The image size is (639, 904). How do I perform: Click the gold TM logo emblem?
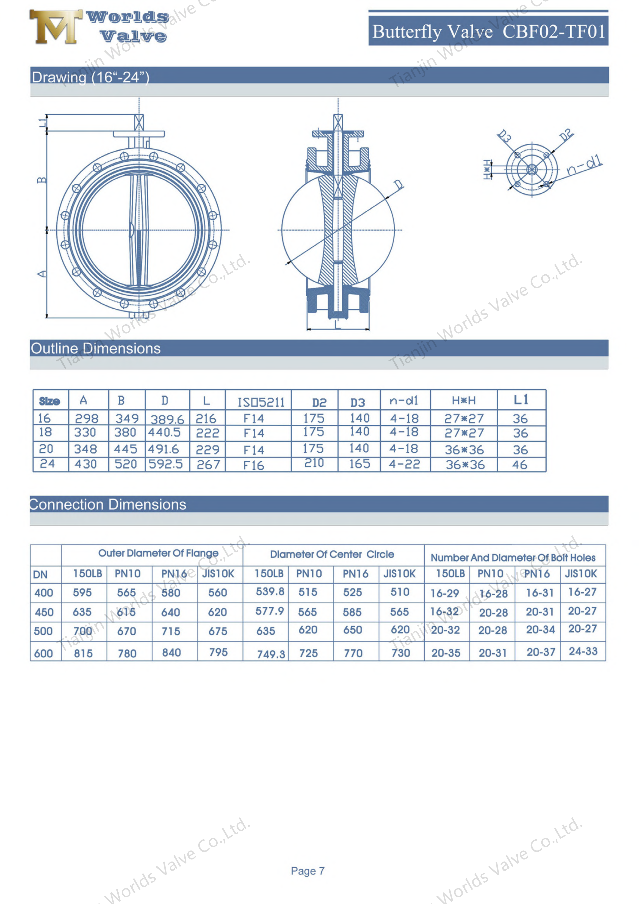pos(55,27)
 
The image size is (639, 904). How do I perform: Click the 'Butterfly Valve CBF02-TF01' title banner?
pos(488,31)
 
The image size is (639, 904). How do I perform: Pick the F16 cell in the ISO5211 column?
pos(253,465)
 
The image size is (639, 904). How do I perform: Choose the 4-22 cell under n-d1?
pos(404,464)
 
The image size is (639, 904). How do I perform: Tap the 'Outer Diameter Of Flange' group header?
pos(158,553)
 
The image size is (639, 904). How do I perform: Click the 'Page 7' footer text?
pos(307,871)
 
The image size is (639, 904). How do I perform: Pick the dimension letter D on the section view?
pos(398,184)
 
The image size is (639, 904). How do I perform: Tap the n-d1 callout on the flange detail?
pos(584,165)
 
